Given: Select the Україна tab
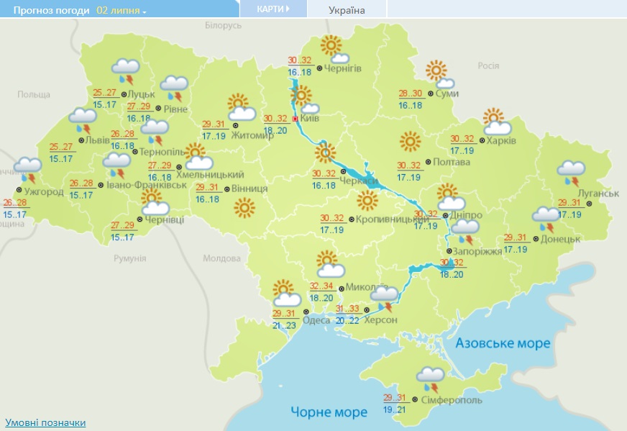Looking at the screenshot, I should [x=347, y=10].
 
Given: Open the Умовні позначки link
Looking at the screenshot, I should [x=45, y=422].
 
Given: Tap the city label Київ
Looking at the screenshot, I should [x=311, y=118].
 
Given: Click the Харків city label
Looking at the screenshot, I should [x=500, y=140].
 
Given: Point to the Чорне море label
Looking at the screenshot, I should [x=329, y=412].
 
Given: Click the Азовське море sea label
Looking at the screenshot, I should [x=503, y=343].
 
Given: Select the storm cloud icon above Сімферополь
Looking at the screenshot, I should [x=430, y=378].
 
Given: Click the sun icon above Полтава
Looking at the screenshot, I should [x=410, y=141].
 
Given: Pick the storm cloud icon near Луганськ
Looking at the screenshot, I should [x=572, y=173].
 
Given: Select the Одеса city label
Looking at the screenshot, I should [x=316, y=321].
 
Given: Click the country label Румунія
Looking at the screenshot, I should [x=130, y=258].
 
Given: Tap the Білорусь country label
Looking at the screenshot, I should [x=223, y=26].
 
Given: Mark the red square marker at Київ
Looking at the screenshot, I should [x=295, y=119].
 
